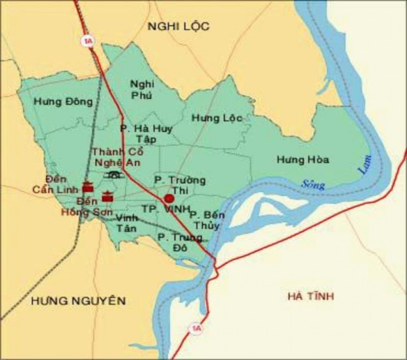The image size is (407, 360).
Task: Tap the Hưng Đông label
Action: coord(67,101)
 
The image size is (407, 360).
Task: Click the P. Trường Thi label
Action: coord(181,185)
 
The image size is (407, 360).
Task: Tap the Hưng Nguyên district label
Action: coord(79,301)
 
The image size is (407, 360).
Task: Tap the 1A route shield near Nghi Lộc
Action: coord(88,40)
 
